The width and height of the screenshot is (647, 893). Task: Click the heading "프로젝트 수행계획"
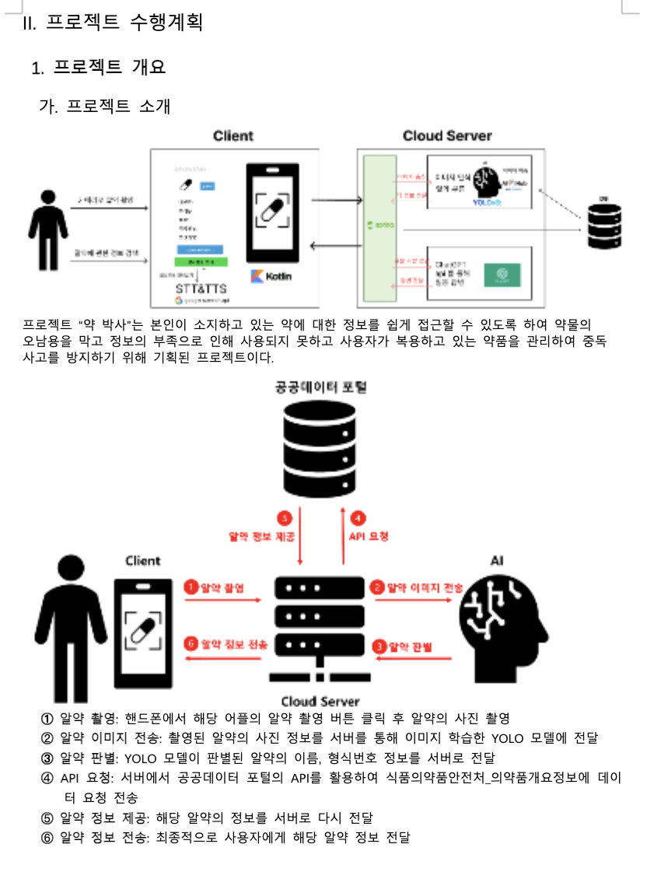pyautogui.click(x=124, y=23)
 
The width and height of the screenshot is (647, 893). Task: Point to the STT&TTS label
pyautogui.click(x=201, y=288)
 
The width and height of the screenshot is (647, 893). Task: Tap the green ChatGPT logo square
pyautogui.click(x=502, y=274)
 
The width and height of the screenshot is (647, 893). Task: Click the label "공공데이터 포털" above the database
pyautogui.click(x=320, y=387)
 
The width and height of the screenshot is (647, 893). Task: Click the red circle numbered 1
pyautogui.click(x=190, y=587)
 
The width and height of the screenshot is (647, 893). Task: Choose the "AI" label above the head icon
pyautogui.click(x=498, y=561)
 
